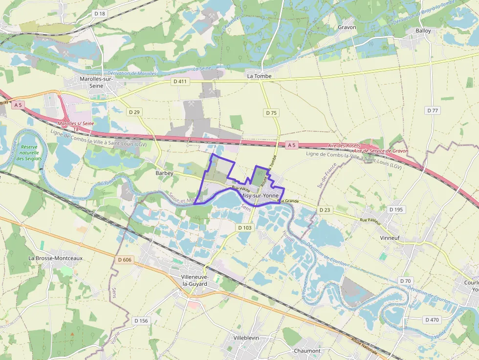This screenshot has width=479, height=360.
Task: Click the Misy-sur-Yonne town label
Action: click(261, 195)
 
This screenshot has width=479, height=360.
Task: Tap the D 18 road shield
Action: click(100, 14)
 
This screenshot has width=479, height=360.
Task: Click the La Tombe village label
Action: click(259, 76)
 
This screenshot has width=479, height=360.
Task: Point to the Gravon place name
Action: click(347, 27)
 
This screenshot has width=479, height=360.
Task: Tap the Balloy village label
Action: click(423, 31)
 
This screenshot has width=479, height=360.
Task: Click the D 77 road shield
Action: click(433, 110)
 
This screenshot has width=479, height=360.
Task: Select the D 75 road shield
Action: click(271, 113)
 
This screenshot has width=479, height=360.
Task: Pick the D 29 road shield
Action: click(134, 112)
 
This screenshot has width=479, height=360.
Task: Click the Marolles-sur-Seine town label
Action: click(96, 82)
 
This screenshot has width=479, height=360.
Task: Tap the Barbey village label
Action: click(164, 173)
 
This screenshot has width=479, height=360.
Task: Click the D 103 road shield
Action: click(244, 228)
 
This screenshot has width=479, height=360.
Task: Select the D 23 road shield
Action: click(325, 210)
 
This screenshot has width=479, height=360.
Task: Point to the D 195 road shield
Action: click(396, 209)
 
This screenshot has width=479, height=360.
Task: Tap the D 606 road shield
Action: click(125, 259)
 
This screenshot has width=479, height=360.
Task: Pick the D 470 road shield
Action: click(432, 319)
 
